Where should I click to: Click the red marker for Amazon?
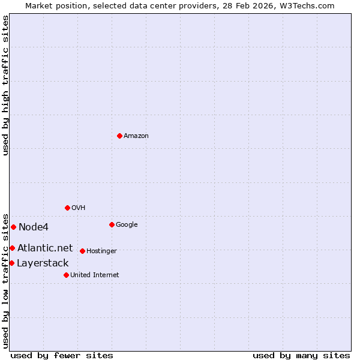pyautogui.click(x=119, y=136)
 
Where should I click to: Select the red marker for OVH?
pyautogui.click(x=67, y=208)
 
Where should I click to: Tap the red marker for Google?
pyautogui.click(x=112, y=224)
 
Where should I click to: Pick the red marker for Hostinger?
pyautogui.click(x=82, y=251)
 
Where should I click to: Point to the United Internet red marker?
pyautogui.click(x=66, y=275)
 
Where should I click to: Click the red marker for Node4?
pyautogui.click(x=13, y=227)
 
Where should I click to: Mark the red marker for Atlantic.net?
pyautogui.click(x=12, y=248)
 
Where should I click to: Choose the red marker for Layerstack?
pyautogui.click(x=11, y=263)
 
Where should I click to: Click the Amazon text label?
pyautogui.click(x=136, y=136)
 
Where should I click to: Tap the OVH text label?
pyautogui.click(x=79, y=208)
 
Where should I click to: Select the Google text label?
pyautogui.click(x=127, y=225)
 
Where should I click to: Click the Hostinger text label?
pyautogui.click(x=101, y=251)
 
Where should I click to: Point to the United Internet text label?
pyautogui.click(x=95, y=275)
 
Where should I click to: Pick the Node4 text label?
pyautogui.click(x=34, y=227)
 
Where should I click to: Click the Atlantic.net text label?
pyautogui.click(x=45, y=248)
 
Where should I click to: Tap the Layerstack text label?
pyautogui.click(x=43, y=263)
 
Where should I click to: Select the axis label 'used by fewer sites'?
pyautogui.click(x=62, y=355)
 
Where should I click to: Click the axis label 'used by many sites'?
pyautogui.click(x=301, y=355)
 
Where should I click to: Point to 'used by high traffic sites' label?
pyautogui.click(x=5, y=85)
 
